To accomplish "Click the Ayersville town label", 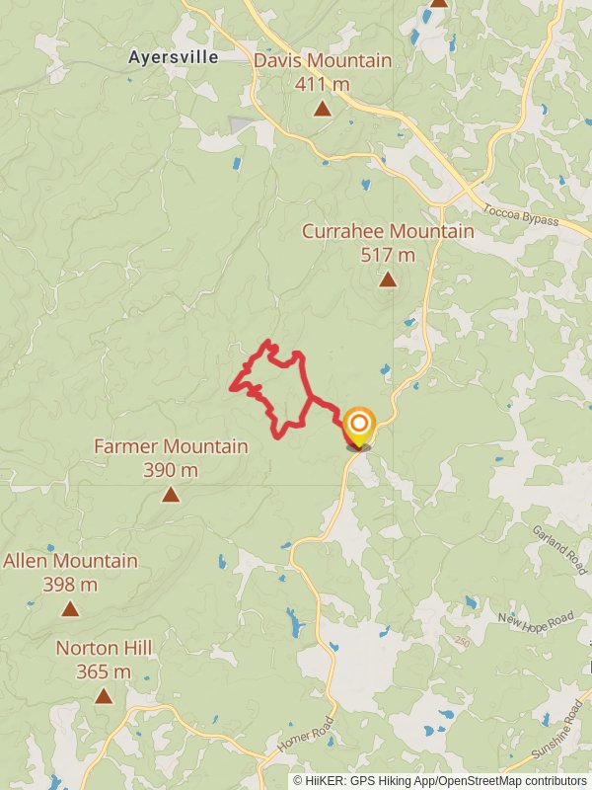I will point(173,57).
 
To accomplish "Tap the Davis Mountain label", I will point(323,61).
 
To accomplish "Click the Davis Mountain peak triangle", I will point(323,109).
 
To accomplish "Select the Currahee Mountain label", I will point(388,231).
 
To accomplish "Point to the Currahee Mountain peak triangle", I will point(388,279).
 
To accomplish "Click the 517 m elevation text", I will point(388,255).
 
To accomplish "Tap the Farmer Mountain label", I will point(171,446).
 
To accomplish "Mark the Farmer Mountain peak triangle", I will point(171,494).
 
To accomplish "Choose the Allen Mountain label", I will point(70,561).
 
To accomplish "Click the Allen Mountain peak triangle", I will point(70,608).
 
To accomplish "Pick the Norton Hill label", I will point(104,648).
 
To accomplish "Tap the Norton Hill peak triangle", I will point(104,695).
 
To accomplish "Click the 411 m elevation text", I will point(323,84).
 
